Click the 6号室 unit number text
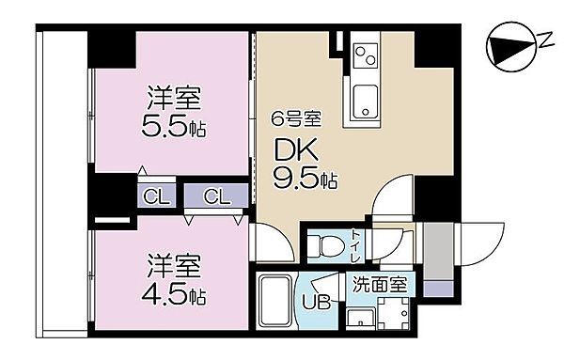point(298,119)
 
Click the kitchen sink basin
point(363,97)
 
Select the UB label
point(316,303)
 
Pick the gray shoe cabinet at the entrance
point(437,251)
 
